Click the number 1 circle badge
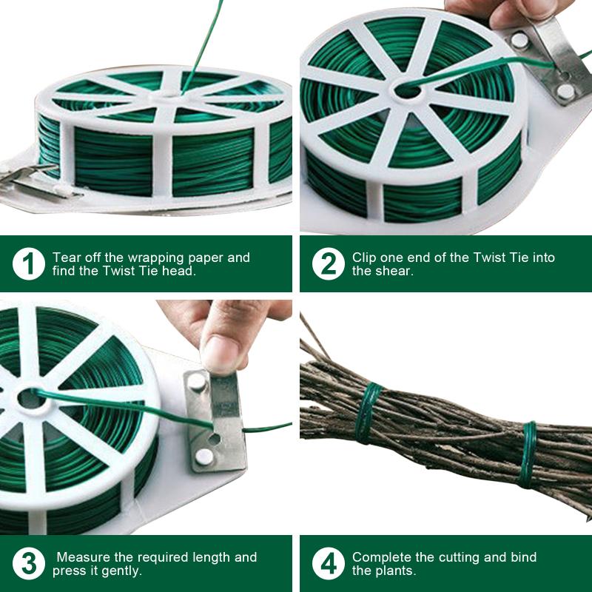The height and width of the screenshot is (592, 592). point(28,264)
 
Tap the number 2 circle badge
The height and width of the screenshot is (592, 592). point(328,264)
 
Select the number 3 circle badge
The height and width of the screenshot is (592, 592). point(28,564)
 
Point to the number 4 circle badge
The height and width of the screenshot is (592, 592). point(328,564)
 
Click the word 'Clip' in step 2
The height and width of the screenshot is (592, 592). point(364,258)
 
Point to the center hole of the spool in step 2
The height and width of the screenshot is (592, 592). point(406,91)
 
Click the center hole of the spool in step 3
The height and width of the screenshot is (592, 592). point(30,397)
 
